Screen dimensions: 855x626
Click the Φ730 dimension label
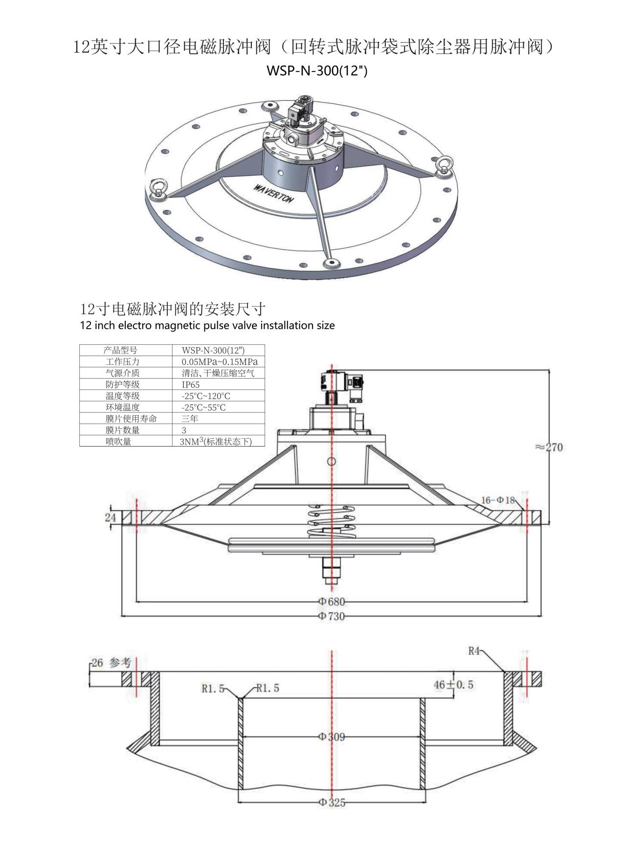tap(332, 616)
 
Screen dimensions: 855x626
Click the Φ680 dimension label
tap(332, 602)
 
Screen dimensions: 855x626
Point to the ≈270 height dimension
tap(549, 447)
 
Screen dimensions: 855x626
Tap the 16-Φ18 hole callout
tap(498, 500)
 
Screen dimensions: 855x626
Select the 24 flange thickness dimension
tap(111, 517)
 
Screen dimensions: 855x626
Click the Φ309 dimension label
tap(332, 737)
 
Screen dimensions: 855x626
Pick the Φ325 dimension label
tap(332, 802)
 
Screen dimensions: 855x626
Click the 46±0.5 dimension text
tap(453, 684)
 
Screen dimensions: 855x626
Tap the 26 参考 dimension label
tap(112, 663)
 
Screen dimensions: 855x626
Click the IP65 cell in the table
tap(190, 384)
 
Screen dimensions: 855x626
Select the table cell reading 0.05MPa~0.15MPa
tap(220, 362)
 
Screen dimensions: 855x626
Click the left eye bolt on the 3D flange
tap(159, 189)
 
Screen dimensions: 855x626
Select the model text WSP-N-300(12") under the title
tap(316, 71)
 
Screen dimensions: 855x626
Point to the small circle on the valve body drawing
tap(332, 461)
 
